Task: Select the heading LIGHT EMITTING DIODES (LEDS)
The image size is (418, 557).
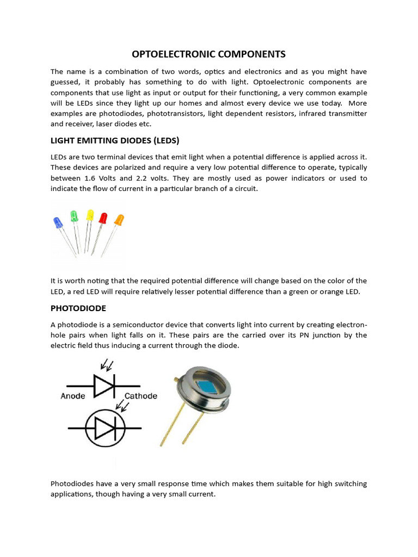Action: [115, 140]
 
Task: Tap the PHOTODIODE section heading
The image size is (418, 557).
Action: [78, 308]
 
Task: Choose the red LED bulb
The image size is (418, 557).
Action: [103, 218]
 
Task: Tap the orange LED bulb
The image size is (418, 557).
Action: [118, 220]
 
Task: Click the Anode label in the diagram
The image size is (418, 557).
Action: [72, 396]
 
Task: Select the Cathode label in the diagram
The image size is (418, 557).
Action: [141, 396]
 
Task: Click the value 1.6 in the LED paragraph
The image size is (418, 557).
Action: [91, 178]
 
